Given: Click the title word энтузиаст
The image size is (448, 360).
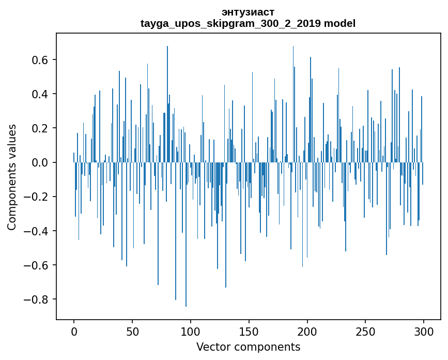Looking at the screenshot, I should click(x=248, y=12).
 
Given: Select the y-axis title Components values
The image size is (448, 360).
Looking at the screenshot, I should click(x=12, y=177).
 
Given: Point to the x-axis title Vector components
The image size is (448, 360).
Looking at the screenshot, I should click(x=248, y=347).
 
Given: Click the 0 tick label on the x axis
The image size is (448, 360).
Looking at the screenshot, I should click(x=74, y=331).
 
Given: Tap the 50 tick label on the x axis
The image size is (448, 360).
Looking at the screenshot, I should click(x=132, y=331).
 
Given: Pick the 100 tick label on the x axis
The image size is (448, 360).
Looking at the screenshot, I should click(x=191, y=331).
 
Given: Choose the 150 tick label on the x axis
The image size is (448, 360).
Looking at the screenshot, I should click(x=249, y=331).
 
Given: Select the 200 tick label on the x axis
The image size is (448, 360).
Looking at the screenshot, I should click(x=307, y=331).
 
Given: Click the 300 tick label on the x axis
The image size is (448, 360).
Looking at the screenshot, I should click(x=424, y=331).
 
